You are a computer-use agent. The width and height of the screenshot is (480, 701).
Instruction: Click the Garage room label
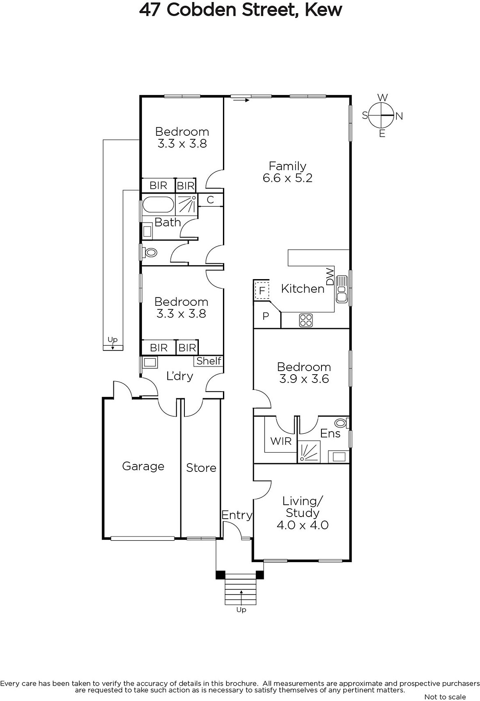click(143, 466)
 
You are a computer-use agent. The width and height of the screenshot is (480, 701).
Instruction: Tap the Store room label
click(201, 468)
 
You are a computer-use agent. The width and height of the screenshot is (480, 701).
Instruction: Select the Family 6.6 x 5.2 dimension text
click(288, 178)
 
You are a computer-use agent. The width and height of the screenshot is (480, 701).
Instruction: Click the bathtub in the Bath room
click(159, 205)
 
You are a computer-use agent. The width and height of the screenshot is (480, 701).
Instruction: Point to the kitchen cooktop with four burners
click(306, 320)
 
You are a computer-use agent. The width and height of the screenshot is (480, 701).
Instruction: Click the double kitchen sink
click(342, 289)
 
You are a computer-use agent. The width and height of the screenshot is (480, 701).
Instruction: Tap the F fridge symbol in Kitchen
click(262, 291)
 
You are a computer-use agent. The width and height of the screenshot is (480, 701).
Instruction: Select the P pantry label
click(266, 316)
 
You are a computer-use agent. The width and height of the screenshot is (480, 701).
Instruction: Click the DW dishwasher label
click(330, 276)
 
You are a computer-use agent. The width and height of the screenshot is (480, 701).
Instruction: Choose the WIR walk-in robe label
click(281, 441)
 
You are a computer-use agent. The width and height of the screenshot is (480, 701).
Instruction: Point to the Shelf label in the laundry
click(209, 361)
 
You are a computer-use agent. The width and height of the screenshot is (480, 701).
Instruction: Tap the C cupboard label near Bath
click(210, 200)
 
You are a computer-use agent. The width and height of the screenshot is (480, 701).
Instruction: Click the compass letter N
click(399, 116)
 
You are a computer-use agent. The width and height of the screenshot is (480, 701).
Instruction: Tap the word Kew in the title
click(323, 10)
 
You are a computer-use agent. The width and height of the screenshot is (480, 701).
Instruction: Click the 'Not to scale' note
click(445, 697)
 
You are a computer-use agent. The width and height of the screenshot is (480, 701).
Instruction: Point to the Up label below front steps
click(241, 609)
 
